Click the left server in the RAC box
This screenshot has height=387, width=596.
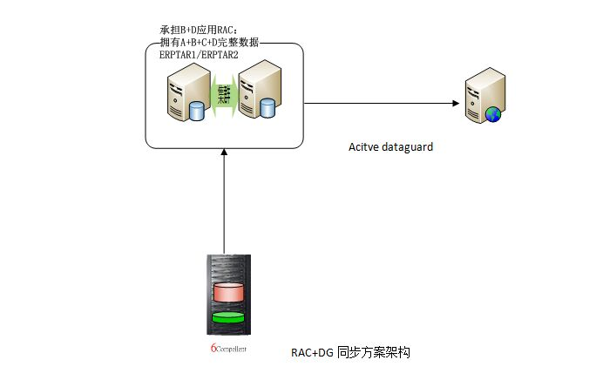(x=184, y=92)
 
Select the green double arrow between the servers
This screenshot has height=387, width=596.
(x=224, y=91)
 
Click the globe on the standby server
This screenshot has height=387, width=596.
(x=493, y=113)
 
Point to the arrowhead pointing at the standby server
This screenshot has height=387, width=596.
(x=456, y=103)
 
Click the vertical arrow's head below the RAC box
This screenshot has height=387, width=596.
(x=225, y=150)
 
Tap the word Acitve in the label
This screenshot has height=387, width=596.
(x=363, y=147)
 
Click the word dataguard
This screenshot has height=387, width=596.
(x=407, y=147)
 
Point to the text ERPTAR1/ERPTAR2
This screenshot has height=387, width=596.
(x=198, y=55)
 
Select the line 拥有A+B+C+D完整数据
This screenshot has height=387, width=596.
(x=209, y=44)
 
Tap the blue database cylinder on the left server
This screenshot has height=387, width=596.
(x=196, y=111)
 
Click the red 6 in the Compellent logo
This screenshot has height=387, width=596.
(x=213, y=348)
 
